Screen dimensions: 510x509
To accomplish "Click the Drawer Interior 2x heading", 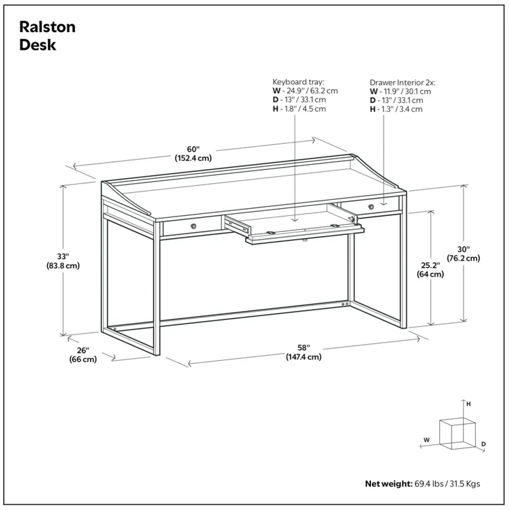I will [402, 83].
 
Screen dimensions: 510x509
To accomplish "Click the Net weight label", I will [388, 484].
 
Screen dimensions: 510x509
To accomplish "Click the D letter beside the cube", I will [483, 451].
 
